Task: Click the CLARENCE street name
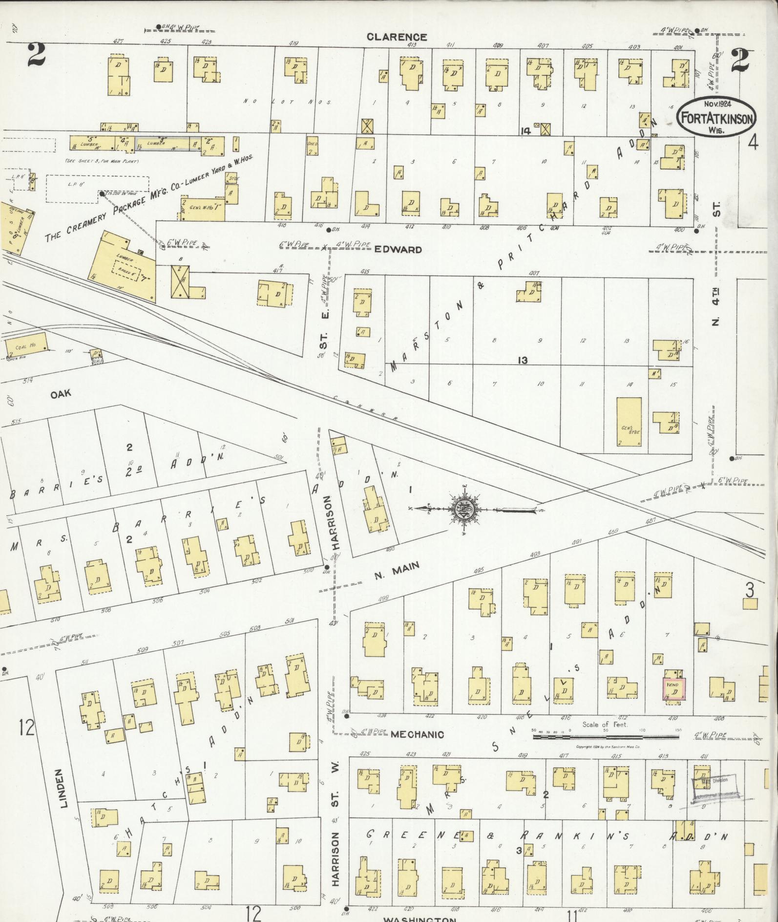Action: click(x=397, y=37)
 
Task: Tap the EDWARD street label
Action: click(x=398, y=250)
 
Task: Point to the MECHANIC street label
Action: click(x=417, y=734)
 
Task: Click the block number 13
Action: click(x=523, y=361)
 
